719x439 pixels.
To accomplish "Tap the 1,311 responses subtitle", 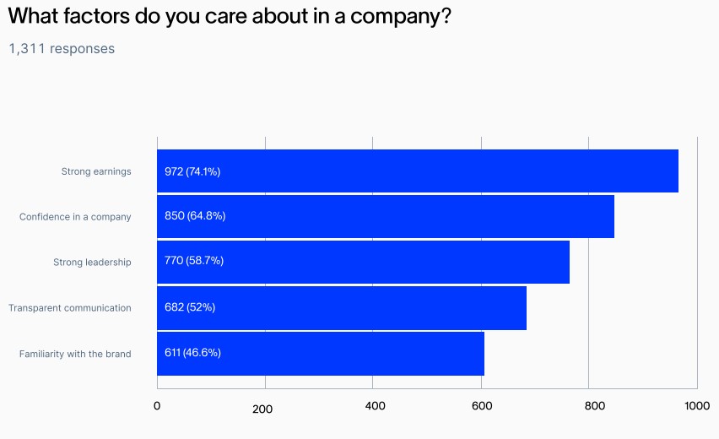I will click(62, 49).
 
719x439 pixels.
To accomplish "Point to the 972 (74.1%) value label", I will click(192, 171).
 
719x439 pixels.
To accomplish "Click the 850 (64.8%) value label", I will click(195, 216).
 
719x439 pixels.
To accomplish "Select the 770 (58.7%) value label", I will click(194, 262).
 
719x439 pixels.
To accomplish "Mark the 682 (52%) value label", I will click(190, 307).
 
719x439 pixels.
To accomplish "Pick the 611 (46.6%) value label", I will click(192, 353).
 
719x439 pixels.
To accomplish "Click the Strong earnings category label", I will click(96, 171).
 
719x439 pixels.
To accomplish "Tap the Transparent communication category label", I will click(70, 308).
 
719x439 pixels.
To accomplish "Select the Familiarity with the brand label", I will click(75, 354).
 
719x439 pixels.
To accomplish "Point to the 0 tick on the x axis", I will click(157, 406).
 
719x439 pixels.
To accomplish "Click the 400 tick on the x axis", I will click(375, 406).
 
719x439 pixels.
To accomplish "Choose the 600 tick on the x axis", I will click(482, 406).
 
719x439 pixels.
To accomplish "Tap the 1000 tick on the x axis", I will click(697, 406).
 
